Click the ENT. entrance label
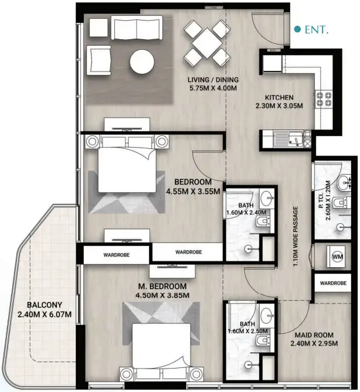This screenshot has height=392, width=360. [x=315, y=28]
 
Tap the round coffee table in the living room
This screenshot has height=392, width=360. [x=142, y=62]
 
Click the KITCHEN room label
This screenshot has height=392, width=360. [x=279, y=97]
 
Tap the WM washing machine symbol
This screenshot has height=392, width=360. [x=337, y=257]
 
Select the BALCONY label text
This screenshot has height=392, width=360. [x=44, y=305]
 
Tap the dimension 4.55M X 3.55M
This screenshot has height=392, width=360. [x=193, y=191]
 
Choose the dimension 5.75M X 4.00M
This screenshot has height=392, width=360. [x=212, y=88]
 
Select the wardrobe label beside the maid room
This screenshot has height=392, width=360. [x=333, y=282]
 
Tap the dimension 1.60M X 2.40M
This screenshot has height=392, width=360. [x=247, y=213]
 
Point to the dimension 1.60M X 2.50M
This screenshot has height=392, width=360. [x=248, y=331]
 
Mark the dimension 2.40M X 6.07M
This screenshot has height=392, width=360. [x=44, y=315]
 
